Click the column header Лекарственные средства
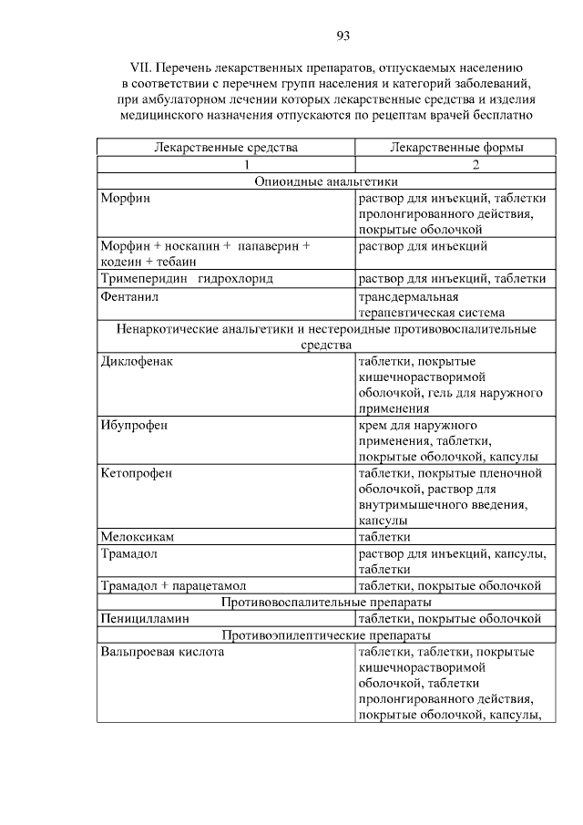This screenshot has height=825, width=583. (226, 148)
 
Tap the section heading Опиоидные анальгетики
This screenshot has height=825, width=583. (324, 181)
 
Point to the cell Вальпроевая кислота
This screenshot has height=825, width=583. (163, 652)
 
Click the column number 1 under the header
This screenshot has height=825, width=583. (245, 165)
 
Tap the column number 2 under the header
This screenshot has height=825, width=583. (476, 165)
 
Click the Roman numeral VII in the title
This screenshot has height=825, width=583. (143, 67)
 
